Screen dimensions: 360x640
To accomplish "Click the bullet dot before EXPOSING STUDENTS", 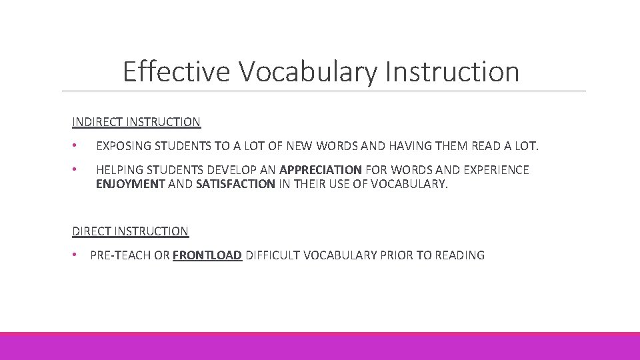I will (x=76, y=145).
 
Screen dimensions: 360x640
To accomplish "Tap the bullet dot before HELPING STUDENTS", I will (x=76, y=170).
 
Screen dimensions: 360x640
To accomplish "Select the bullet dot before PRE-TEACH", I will (x=76, y=255).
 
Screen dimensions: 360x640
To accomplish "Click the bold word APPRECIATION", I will (x=321, y=170).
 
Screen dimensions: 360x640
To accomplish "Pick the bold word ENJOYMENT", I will (x=130, y=184).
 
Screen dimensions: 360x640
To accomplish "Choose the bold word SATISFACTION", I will (x=235, y=184).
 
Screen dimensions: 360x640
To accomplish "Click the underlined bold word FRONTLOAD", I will (x=207, y=255).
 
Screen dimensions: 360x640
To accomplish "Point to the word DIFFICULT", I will (x=273, y=255).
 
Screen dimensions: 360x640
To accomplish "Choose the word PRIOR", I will (x=397, y=255).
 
